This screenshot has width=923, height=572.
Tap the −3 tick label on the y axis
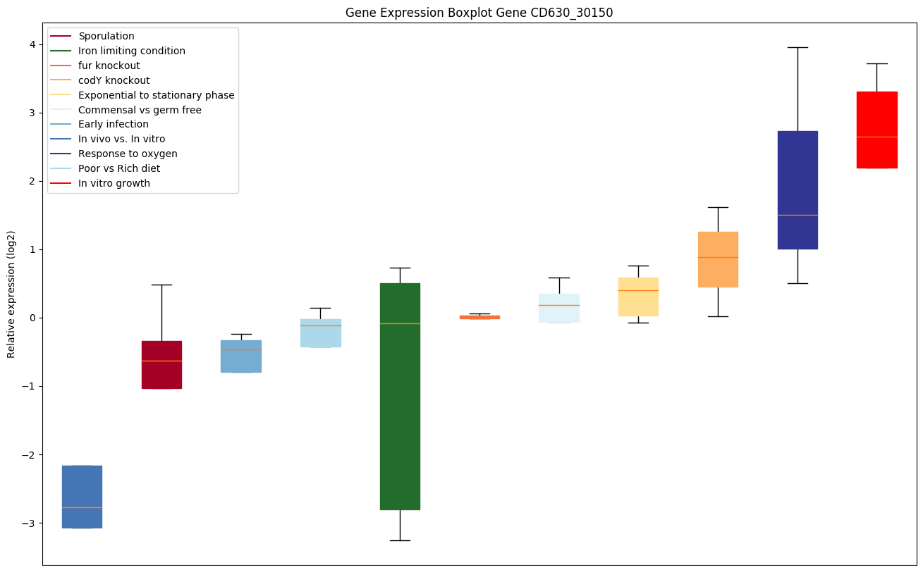tap(30, 523)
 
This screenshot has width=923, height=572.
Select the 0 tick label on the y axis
tap(32, 318)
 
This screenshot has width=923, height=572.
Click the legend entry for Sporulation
tap(106, 36)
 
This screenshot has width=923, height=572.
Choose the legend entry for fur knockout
tap(109, 66)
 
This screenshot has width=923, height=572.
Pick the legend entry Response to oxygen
tap(128, 154)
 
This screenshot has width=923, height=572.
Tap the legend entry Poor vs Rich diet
tap(118, 168)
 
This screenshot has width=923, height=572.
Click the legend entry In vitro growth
tap(114, 183)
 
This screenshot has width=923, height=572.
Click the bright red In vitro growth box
tap(876, 130)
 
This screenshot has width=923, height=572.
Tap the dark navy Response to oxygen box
tap(797, 189)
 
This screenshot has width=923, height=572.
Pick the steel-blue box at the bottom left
tap(82, 497)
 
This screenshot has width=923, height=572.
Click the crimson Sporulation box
tap(161, 364)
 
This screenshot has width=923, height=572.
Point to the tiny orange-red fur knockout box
tap(479, 317)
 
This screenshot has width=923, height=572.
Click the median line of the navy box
tap(797, 215)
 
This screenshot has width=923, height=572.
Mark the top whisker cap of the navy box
tap(797, 47)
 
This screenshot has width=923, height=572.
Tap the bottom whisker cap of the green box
tap(400, 540)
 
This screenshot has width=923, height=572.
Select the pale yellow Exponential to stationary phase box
tap(638, 297)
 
